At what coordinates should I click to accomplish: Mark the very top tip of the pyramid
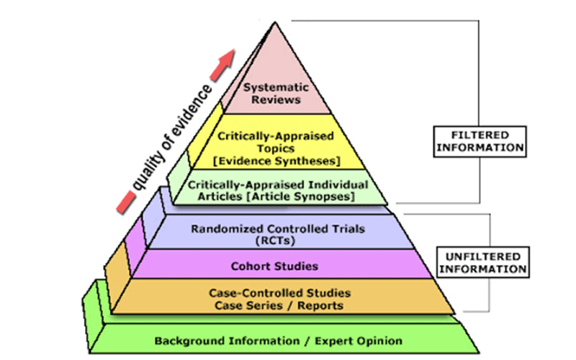(x=274, y=23)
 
